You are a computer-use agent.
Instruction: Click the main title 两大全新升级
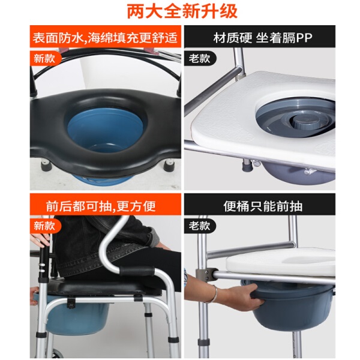tap(182, 11)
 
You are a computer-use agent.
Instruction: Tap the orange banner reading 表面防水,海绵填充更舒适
tap(106, 37)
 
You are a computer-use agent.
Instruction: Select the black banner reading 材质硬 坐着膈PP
tap(260, 37)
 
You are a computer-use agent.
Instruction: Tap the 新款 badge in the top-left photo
tap(45, 58)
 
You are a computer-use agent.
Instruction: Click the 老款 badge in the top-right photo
tap(200, 58)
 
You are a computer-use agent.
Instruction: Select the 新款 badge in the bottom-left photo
tap(45, 226)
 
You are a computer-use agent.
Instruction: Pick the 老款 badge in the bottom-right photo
tap(200, 226)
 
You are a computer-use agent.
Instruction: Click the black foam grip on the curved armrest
tap(137, 271)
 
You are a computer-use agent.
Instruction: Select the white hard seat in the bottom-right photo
tap(281, 262)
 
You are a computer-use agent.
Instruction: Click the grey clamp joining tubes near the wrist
tap(206, 275)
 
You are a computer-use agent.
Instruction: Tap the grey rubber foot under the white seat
tap(247, 164)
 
